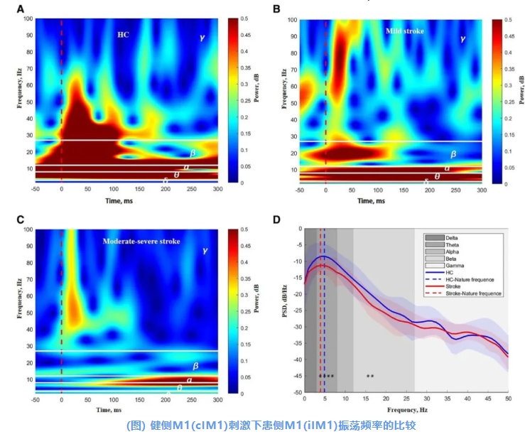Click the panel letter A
click(21, 9)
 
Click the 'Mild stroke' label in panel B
click(403, 32)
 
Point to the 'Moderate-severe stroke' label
click(141, 242)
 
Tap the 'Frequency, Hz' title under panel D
click(407, 411)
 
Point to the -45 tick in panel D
click(296, 375)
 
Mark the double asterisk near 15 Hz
click(370, 376)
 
